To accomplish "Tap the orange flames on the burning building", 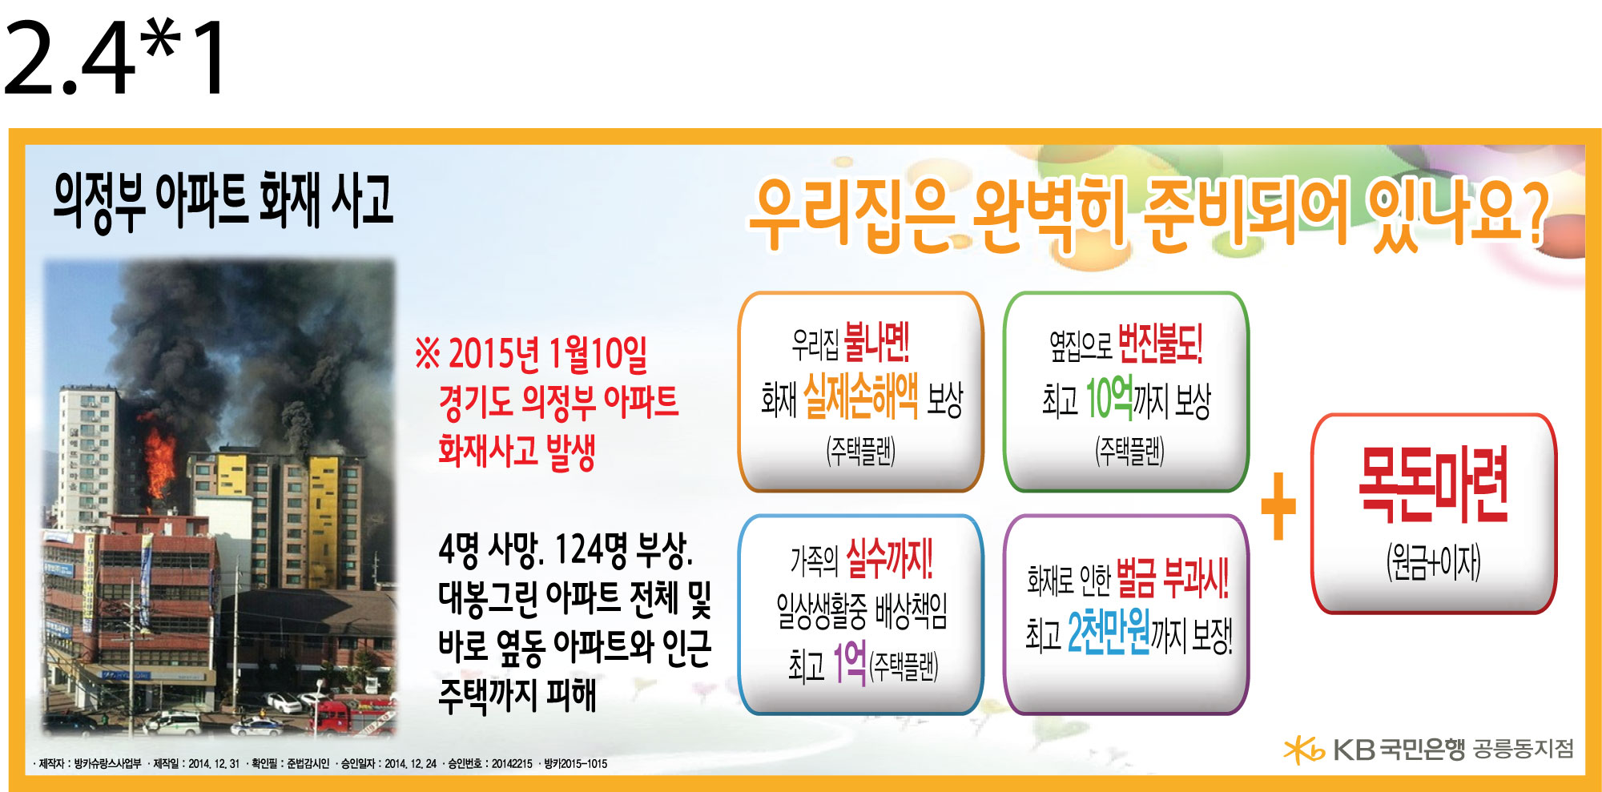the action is pyautogui.click(x=160, y=460).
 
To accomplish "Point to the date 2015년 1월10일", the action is pyautogui.click(x=548, y=354).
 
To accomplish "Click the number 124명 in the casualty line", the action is pyautogui.click(x=592, y=549).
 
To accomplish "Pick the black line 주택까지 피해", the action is pyautogui.click(x=517, y=694).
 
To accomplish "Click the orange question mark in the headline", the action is pyautogui.click(x=1532, y=211).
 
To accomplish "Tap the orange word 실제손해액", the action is pyautogui.click(x=861, y=396).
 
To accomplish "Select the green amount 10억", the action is pyautogui.click(x=1109, y=397).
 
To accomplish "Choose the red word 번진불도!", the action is pyautogui.click(x=1160, y=341).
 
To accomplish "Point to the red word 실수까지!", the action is pyautogui.click(x=890, y=557).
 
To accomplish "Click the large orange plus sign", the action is pyautogui.click(x=1278, y=505).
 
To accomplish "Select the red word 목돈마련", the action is pyautogui.click(x=1434, y=484).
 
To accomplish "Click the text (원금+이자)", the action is pyautogui.click(x=1434, y=562).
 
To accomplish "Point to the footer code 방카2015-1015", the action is pyautogui.click(x=576, y=764).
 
